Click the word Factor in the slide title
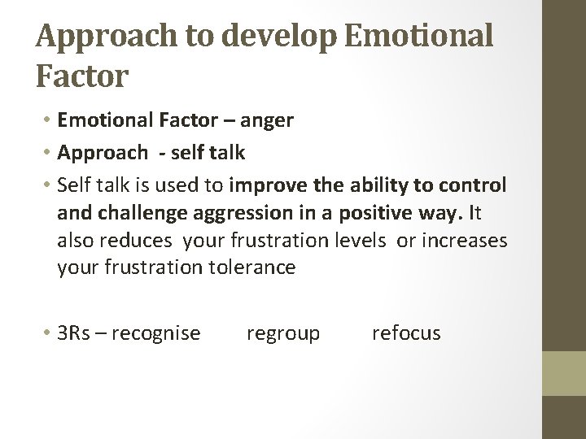click(82, 77)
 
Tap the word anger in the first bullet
click(267, 121)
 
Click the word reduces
click(138, 241)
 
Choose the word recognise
click(156, 333)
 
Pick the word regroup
click(282, 333)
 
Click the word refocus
click(406, 333)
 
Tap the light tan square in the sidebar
click(565, 373)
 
